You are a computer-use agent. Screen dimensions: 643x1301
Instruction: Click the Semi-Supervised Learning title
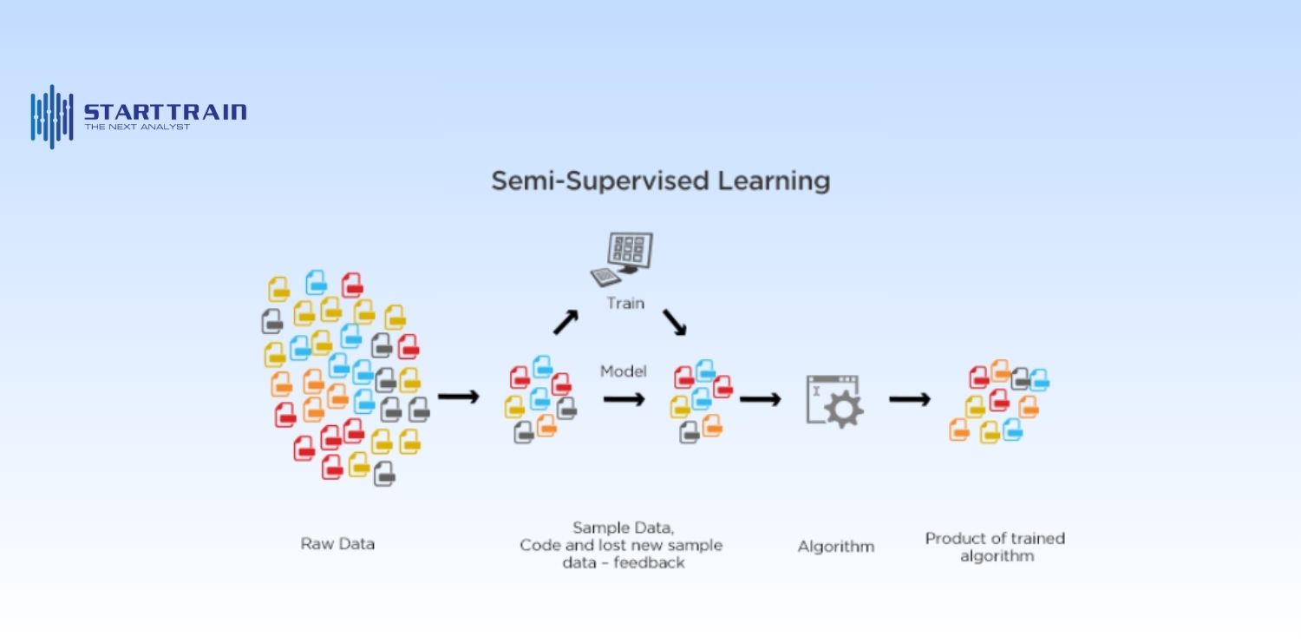point(660,180)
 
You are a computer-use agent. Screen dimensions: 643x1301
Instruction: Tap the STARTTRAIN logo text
point(165,111)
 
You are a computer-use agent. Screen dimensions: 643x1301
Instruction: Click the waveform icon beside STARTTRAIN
point(52,116)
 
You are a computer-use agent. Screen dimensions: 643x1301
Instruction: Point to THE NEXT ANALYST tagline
point(137,128)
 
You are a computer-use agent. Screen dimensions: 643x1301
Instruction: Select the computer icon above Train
point(622,258)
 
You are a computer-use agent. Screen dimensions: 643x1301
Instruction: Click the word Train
point(625,304)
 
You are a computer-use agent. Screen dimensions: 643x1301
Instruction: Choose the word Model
point(624,371)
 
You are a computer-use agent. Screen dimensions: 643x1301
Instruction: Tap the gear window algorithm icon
point(833,400)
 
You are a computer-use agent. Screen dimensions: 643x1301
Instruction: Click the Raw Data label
point(337,544)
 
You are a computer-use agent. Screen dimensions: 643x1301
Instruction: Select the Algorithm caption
point(835,547)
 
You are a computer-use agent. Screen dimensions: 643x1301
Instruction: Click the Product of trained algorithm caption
point(995,547)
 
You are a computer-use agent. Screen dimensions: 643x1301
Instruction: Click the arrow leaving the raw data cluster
point(458,397)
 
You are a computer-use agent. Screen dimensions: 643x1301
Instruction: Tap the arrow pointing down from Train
point(675,322)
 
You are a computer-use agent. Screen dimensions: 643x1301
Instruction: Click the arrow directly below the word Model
point(624,399)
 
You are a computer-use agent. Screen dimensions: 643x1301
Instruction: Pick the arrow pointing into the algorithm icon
point(760,399)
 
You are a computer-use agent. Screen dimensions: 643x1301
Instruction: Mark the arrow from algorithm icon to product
point(910,399)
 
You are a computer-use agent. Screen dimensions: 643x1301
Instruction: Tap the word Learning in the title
point(775,180)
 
